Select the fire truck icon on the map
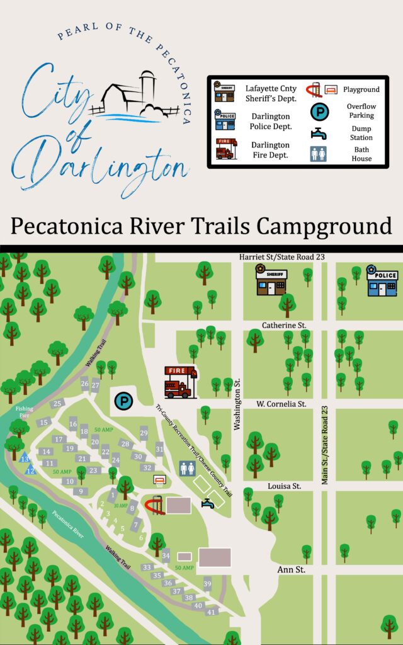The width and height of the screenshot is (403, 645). coord(180,382)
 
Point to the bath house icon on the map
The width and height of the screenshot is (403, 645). coord(187,469)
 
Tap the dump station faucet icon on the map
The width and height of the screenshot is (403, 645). coord(208,503)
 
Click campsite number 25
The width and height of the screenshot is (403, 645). coord(57,404)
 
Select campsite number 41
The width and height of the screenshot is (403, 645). coord(212,612)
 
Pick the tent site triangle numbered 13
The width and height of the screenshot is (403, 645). coord(25,458)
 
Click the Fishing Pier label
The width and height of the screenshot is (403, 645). coord(25,413)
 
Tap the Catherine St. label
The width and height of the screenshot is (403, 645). coord(284,325)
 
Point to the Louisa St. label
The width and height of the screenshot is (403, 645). coord(284,486)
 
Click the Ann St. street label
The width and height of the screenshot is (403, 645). coord(292,569)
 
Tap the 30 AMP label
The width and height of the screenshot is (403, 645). coord(120,506)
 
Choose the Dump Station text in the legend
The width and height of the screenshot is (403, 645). coord(361,133)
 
